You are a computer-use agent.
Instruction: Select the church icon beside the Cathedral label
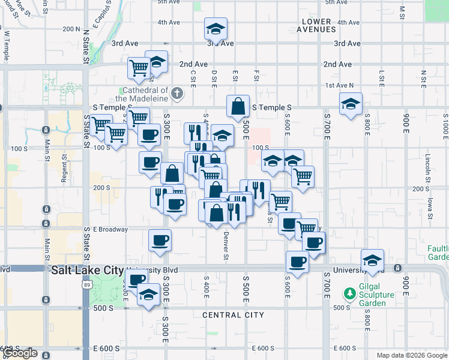pos(176,94)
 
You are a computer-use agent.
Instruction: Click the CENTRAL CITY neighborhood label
pos(234,315)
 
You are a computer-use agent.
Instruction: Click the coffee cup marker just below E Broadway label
pos(160,241)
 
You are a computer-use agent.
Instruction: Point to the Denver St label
pos(226,246)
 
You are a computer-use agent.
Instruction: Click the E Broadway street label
pos(110,229)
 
